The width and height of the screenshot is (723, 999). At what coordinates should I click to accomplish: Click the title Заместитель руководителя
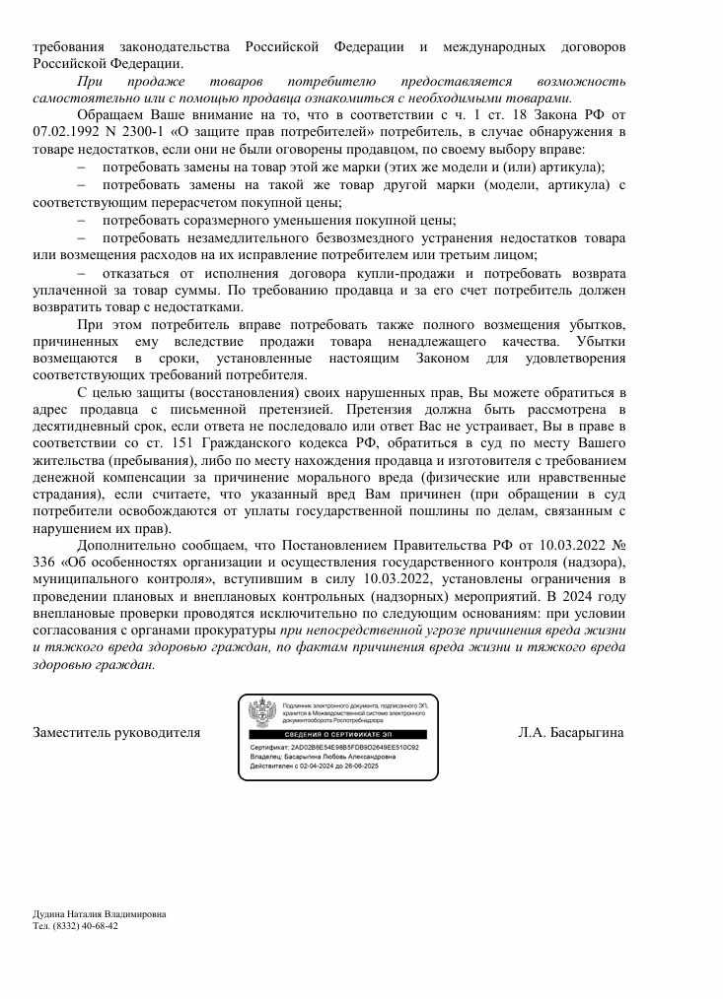tap(117, 733)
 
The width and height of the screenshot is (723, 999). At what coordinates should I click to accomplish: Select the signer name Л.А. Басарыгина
tap(571, 733)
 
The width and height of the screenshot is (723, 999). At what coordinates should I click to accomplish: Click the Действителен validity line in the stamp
tap(315, 766)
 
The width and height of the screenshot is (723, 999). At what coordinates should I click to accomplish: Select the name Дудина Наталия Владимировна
tap(100, 914)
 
